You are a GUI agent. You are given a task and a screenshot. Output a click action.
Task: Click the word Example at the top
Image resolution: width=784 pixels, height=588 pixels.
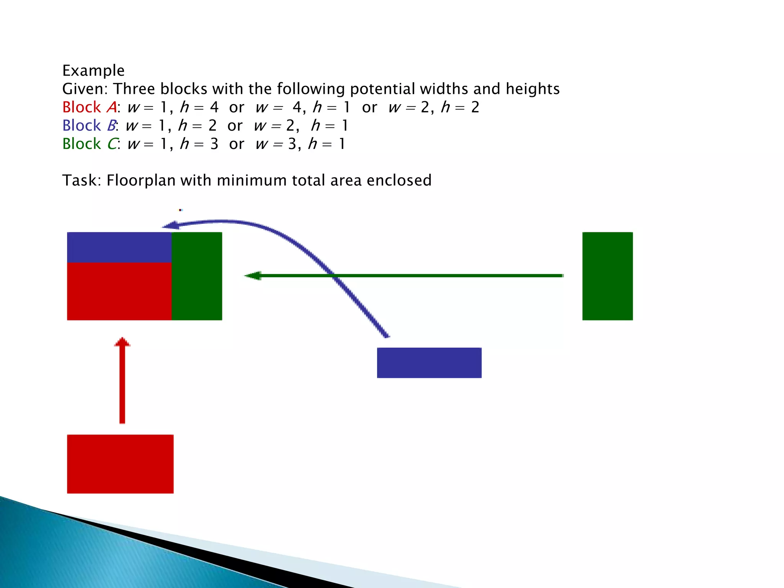93,71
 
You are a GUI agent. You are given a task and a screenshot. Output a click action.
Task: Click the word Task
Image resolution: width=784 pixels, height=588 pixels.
81,180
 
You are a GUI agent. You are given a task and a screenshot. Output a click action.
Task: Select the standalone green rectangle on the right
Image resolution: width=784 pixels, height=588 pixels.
607,276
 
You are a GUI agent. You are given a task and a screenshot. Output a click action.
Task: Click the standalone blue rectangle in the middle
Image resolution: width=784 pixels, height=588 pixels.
429,363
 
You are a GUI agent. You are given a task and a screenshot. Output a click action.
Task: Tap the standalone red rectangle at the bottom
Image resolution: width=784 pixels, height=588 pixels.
120,464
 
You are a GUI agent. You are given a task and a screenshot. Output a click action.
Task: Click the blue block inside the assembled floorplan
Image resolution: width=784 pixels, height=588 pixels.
119,247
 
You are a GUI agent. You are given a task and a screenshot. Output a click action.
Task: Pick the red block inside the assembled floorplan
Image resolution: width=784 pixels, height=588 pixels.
119,291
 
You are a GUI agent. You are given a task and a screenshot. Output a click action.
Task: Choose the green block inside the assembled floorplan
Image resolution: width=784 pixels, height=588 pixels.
197,276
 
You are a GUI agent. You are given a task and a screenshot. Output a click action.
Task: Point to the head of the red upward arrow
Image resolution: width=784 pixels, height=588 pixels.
122,342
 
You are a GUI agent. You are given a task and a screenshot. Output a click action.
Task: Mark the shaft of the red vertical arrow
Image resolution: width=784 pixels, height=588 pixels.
122,387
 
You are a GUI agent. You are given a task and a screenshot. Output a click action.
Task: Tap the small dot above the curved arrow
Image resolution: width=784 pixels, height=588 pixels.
180,210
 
